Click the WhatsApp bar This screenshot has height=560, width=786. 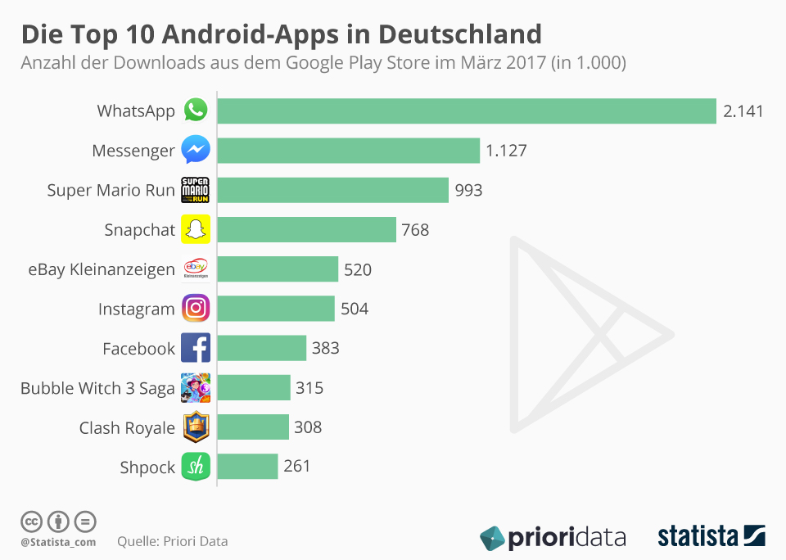467,111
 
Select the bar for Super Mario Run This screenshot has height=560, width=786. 333,190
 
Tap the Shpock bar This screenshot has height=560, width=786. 248,467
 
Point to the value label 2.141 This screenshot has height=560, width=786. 743,111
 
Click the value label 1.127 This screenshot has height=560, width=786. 506,151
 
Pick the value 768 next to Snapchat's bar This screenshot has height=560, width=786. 415,230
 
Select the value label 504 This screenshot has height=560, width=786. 355,309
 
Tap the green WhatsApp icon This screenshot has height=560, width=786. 196,111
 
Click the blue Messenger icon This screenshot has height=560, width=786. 196,150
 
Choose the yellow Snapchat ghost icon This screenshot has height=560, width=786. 196,229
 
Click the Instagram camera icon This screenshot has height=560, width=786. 196,309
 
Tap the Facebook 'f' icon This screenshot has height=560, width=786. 196,348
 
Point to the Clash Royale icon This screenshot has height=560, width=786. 196,427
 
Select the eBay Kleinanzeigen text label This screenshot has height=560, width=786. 102,269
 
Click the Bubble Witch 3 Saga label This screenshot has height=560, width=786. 97,388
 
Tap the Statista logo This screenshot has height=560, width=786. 711,536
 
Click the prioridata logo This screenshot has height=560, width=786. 553,537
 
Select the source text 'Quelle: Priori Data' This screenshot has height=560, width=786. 173,541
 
